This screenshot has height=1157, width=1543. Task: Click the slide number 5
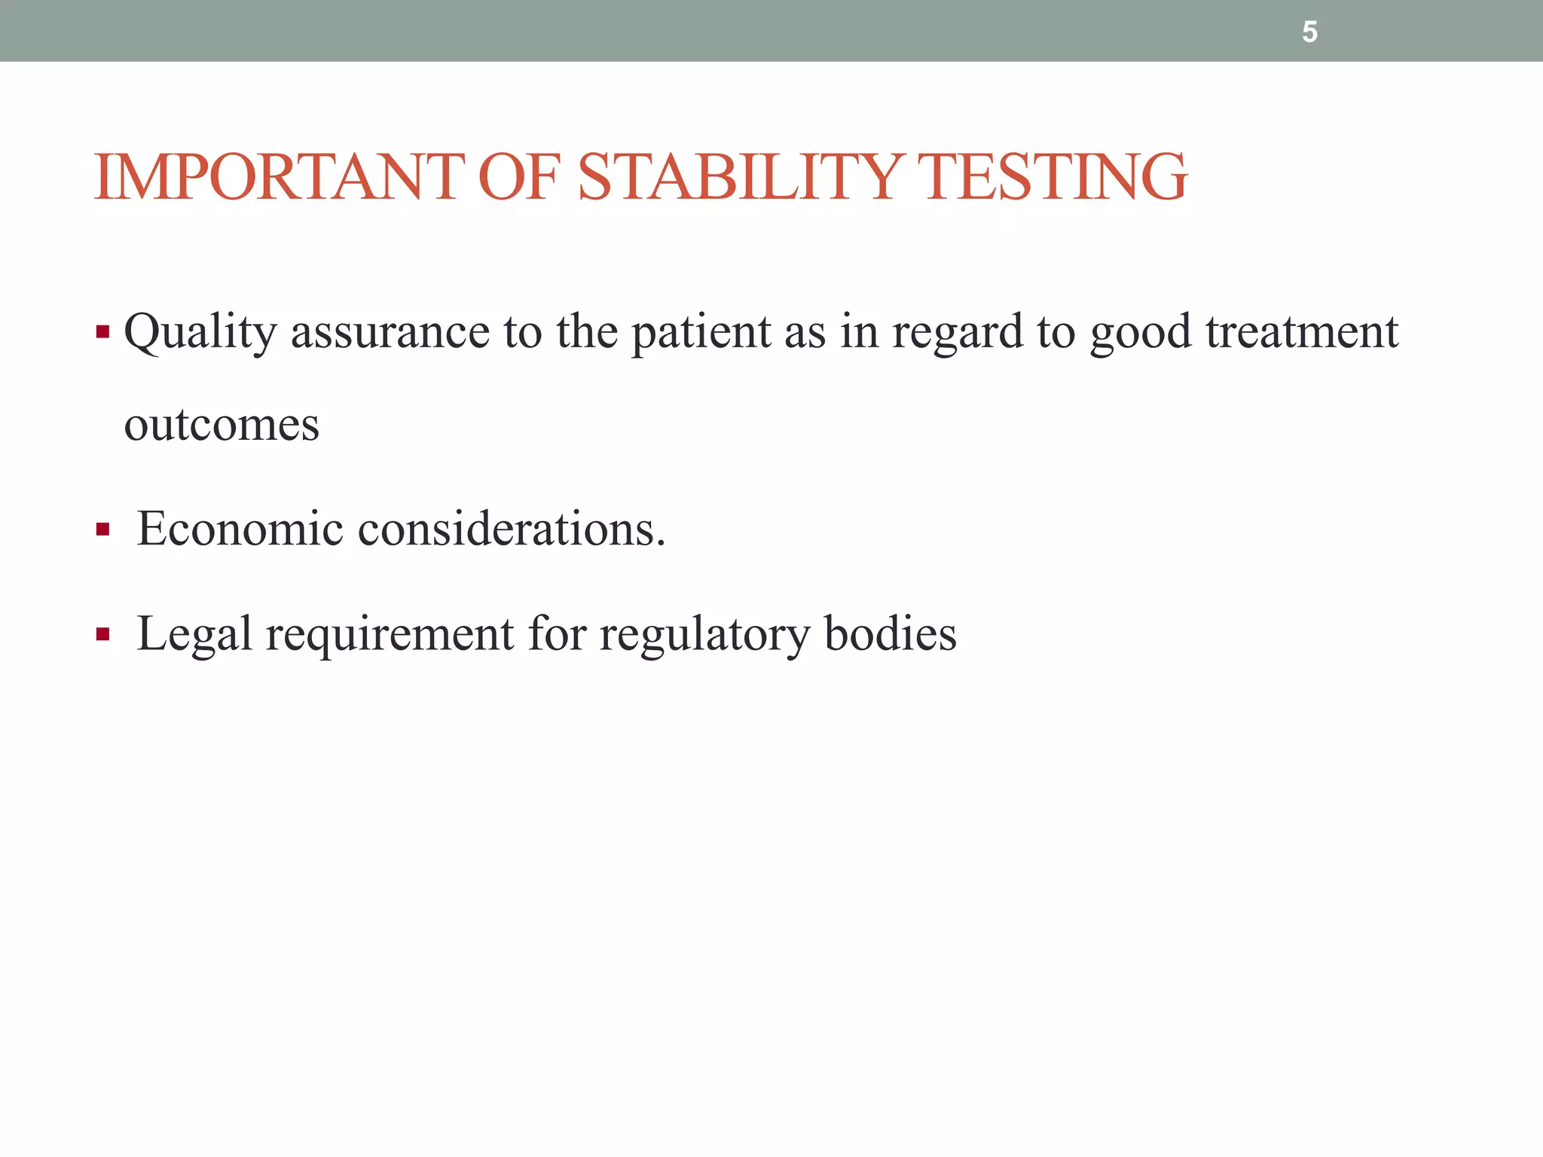[x=1309, y=32]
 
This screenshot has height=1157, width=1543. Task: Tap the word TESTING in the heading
[x=1056, y=177]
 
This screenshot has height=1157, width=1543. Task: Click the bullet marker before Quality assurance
[x=103, y=332]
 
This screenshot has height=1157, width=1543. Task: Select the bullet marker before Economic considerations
[x=103, y=530]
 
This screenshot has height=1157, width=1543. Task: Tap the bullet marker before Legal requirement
[x=103, y=635]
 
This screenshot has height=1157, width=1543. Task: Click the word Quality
[x=200, y=332]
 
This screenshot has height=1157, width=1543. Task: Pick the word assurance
[x=390, y=332]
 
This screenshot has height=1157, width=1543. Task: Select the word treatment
[x=1301, y=332]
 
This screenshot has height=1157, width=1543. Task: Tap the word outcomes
[x=222, y=425]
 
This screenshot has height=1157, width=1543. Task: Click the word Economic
[x=240, y=529]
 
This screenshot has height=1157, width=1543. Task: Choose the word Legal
[x=194, y=634]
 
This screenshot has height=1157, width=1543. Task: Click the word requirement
[x=390, y=634]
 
